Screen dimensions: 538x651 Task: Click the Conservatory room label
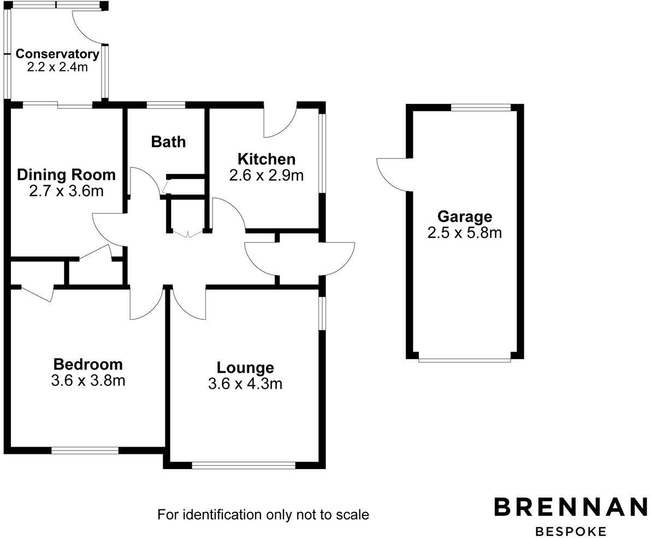click(x=57, y=54)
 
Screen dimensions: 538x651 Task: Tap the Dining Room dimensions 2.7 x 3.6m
click(x=66, y=191)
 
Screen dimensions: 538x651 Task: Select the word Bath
click(x=168, y=142)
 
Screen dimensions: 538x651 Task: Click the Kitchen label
click(x=266, y=159)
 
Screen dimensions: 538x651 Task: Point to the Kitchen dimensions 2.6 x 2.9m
click(x=266, y=175)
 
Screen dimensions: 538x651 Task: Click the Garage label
click(x=464, y=217)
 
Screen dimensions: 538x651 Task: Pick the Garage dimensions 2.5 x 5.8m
click(x=464, y=233)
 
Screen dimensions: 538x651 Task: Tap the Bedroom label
click(x=88, y=364)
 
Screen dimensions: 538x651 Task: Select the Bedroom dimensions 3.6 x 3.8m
click(x=88, y=381)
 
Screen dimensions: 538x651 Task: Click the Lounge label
click(x=245, y=367)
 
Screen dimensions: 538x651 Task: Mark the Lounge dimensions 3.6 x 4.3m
click(x=245, y=384)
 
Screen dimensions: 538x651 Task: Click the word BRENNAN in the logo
click(x=571, y=507)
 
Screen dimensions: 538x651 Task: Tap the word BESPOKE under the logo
click(x=571, y=531)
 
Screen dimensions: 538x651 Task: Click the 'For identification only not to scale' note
click(x=263, y=514)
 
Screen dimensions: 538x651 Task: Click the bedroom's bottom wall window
click(x=85, y=451)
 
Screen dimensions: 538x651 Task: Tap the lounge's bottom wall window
click(x=244, y=465)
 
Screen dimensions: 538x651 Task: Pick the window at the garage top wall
click(x=481, y=108)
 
